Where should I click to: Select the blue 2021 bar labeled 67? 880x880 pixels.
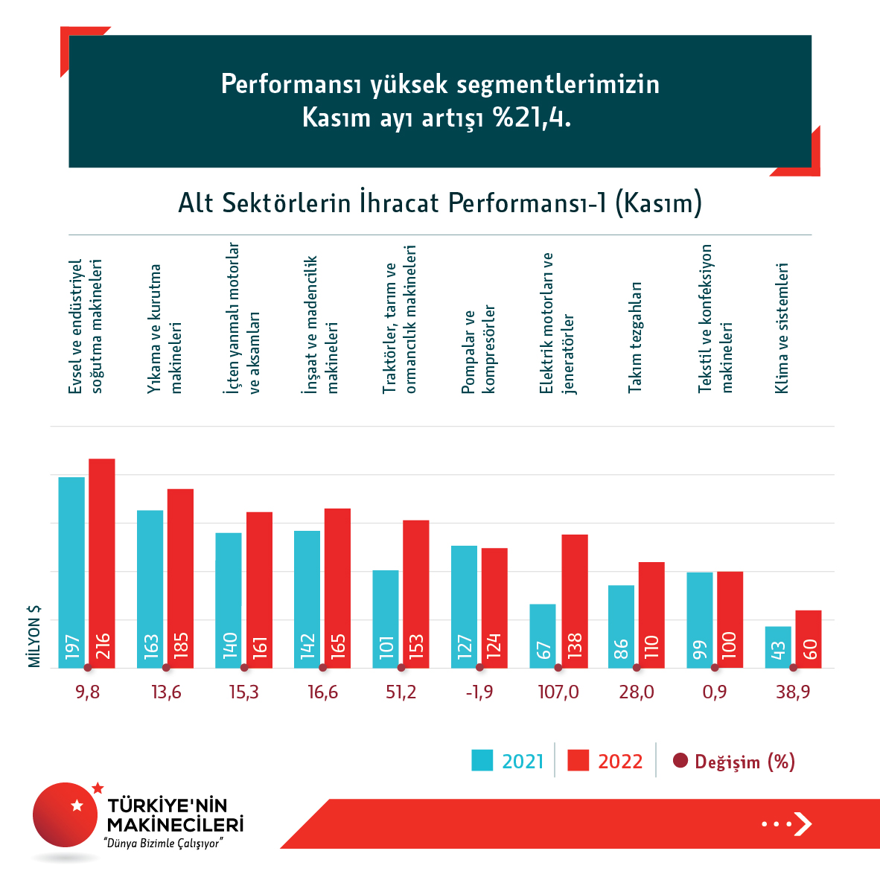(543, 636)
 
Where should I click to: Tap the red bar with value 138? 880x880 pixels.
(575, 601)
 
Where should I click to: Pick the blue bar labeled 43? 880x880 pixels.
(778, 647)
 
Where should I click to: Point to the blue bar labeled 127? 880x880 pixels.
(464, 607)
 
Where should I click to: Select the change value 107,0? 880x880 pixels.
(558, 692)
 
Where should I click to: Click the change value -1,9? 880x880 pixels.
(479, 692)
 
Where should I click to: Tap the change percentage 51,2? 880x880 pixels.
(401, 692)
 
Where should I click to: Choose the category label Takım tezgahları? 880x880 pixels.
(635, 337)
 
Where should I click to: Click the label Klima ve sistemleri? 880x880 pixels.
(782, 328)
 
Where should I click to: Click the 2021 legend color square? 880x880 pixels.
(482, 761)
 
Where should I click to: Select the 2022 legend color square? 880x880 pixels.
(578, 761)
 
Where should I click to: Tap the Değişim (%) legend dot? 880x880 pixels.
(680, 761)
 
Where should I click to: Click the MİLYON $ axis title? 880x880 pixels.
(34, 636)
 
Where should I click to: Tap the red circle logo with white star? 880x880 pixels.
(66, 814)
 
